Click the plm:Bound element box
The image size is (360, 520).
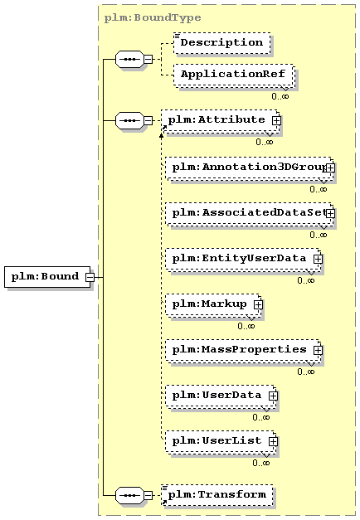[47, 276]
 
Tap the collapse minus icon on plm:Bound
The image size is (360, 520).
[90, 277]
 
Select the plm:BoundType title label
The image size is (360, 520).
[153, 17]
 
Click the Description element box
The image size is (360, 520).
[221, 43]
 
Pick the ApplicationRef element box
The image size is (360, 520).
[234, 75]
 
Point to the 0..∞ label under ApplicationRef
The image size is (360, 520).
[280, 96]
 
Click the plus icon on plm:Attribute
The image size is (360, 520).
[276, 120]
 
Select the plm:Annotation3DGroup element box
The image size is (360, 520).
[250, 168]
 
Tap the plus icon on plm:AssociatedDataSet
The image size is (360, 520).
[330, 213]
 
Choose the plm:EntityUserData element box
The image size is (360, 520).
[243, 260]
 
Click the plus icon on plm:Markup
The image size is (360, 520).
[258, 304]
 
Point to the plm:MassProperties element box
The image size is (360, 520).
[243, 351]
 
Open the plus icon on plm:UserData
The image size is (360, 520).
[273, 396]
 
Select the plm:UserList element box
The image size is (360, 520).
[221, 442]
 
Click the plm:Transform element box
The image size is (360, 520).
[217, 495]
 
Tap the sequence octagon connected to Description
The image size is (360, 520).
[129, 60]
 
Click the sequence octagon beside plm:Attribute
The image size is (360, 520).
[129, 120]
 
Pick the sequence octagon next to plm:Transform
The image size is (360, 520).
[129, 495]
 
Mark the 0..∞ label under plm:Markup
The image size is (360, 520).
[246, 326]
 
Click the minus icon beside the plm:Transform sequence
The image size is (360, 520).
[148, 495]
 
